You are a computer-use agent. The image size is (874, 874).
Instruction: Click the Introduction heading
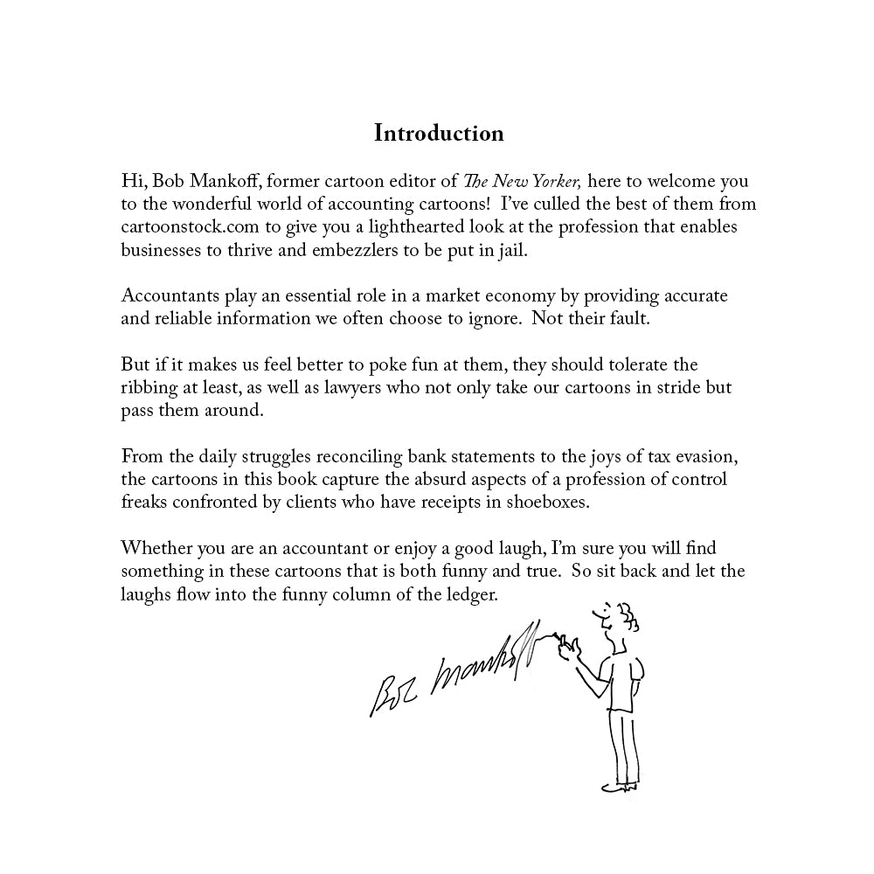coord(439,133)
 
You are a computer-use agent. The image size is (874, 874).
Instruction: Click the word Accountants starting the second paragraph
coord(168,295)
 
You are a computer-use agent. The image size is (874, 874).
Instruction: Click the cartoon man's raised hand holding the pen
coord(570,647)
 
